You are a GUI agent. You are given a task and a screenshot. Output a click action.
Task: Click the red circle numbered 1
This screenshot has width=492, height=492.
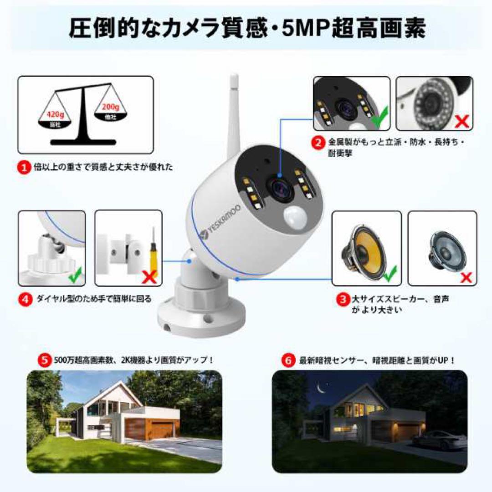pos(24,168)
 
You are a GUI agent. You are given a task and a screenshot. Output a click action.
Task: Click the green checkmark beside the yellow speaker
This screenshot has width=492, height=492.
pos(391,275)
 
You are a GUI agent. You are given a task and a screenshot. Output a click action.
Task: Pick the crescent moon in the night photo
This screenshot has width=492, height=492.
pos(321,389)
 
